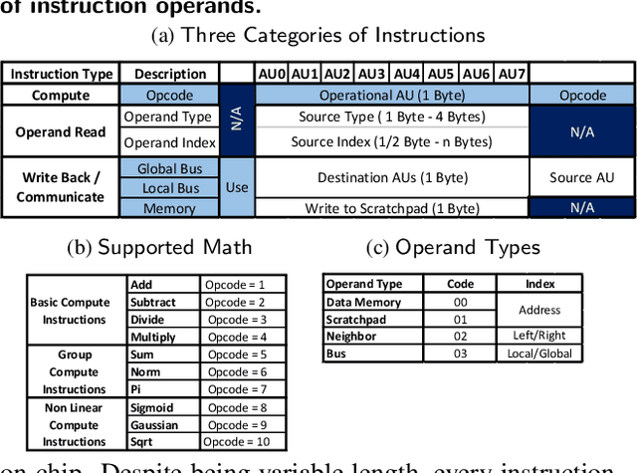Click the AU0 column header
(272, 74)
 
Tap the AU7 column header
(511, 74)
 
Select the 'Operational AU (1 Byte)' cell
(392, 96)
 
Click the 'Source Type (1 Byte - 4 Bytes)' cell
(392, 117)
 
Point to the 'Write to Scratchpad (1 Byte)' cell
(392, 208)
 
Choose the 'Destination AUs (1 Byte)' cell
(392, 178)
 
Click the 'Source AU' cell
(582, 178)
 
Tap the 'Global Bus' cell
(168, 168)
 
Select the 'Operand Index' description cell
(168, 142)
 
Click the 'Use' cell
(237, 187)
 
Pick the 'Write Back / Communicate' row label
(61, 187)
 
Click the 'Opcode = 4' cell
(242, 338)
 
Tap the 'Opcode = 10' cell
(242, 442)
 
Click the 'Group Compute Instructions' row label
(75, 371)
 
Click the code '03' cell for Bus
(459, 354)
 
